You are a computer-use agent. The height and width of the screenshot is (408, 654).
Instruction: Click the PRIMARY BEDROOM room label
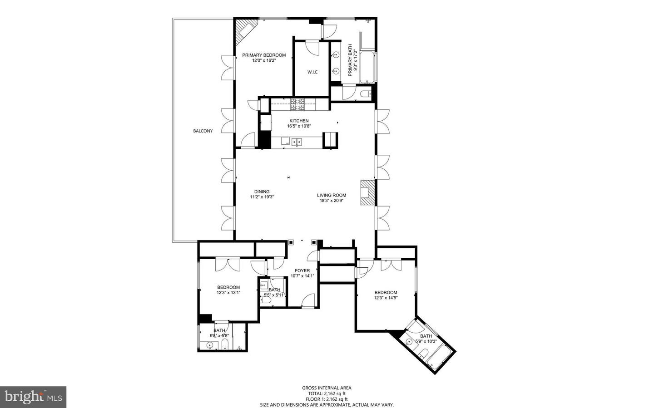pos(264,55)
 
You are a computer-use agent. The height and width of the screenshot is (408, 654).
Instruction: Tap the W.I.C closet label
pos(312,72)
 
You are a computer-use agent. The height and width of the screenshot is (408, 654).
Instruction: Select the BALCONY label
pos(203,131)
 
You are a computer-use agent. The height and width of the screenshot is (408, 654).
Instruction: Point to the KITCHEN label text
pos(299,121)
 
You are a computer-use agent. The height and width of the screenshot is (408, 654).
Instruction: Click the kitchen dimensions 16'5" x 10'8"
pos(299,126)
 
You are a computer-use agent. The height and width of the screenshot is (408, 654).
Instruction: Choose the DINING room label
pos(262,192)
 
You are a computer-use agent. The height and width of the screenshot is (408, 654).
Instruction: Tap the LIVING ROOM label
pos(332,195)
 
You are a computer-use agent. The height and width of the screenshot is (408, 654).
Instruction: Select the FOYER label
pos(302,270)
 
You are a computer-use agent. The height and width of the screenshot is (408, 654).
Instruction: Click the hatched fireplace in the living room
pos(367,193)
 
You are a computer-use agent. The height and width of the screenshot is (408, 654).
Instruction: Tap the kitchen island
pos(330,140)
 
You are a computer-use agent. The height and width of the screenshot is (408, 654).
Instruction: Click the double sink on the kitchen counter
pos(297,142)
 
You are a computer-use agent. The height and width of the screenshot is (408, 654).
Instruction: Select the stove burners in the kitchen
pos(297,104)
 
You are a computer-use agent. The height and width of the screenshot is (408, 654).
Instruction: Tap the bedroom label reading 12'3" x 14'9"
pos(386,298)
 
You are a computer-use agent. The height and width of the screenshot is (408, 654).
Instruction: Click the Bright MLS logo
pos(33,397)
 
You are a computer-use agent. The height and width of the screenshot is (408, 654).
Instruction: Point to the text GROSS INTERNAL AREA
pos(327,388)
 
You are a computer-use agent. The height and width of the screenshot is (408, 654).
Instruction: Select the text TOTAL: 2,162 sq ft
pos(327,393)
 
